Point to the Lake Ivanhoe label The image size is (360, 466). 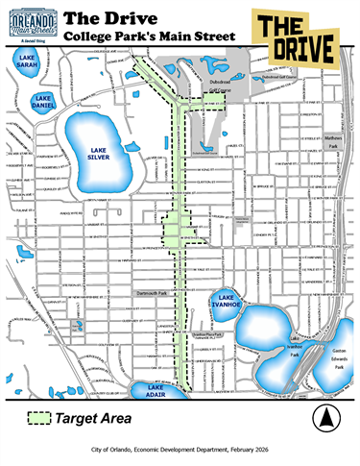click(227, 301)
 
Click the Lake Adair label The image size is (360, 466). click(156, 390)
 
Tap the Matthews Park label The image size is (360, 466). click(332, 141)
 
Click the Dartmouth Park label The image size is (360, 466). click(150, 292)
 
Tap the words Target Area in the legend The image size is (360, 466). click(92, 419)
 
